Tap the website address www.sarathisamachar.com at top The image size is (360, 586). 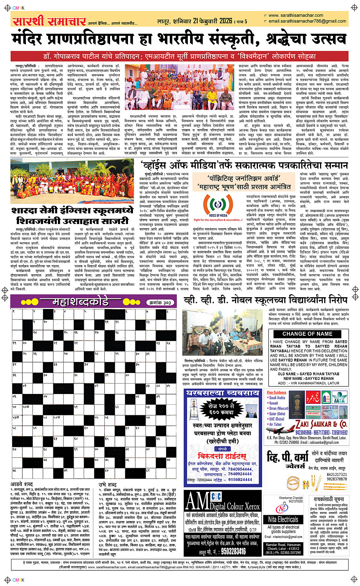click(296, 16)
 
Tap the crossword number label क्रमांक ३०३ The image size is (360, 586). click(159, 303)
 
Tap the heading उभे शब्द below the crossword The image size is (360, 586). click(107, 484)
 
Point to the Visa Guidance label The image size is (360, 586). click(277, 392)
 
